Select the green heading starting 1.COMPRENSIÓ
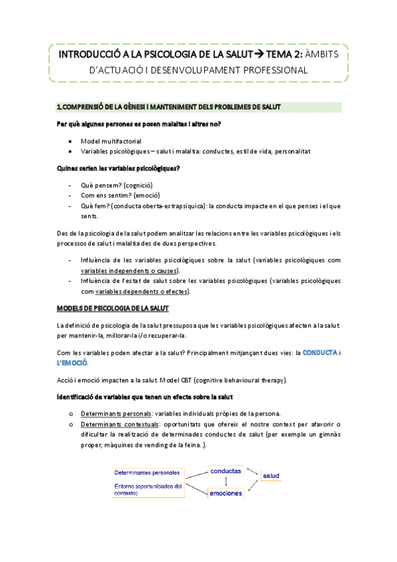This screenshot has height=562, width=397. point(170,107)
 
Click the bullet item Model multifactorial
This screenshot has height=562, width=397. point(111,141)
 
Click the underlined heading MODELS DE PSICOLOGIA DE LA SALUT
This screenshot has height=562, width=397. point(113,308)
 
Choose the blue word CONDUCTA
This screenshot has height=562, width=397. point(320,353)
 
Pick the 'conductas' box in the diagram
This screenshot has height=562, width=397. point(226,471)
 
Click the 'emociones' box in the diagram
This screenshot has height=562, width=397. point(225,493)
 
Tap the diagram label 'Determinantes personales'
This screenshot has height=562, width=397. point(146,473)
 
